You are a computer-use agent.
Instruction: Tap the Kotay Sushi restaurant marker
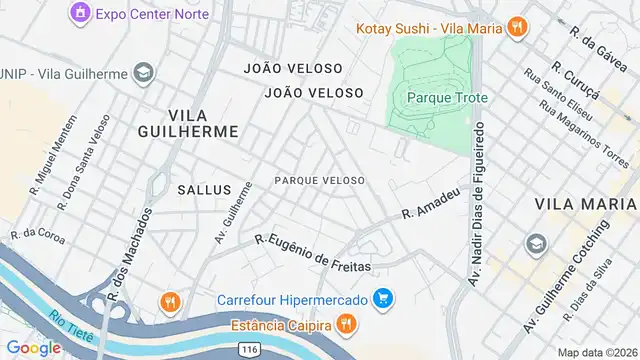[516, 27]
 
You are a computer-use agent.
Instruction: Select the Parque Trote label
[440, 97]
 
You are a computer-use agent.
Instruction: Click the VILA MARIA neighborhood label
[585, 204]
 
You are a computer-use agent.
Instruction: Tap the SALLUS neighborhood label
[204, 189]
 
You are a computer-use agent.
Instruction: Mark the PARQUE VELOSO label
[318, 180]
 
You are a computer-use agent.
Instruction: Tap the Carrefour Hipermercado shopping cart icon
[382, 298]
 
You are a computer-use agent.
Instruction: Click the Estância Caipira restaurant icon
[345, 323]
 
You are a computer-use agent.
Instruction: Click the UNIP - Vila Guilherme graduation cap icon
[144, 73]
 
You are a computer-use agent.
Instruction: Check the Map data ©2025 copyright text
[598, 353]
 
